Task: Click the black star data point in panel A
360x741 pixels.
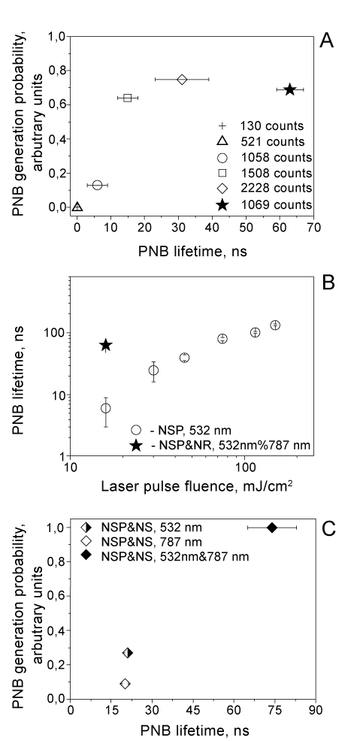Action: (289, 89)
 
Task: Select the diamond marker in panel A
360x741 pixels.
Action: (182, 80)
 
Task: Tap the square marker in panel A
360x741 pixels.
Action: (128, 98)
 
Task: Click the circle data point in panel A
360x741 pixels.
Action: (97, 185)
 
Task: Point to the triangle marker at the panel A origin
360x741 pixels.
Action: (78, 207)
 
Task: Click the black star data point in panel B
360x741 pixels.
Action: (106, 345)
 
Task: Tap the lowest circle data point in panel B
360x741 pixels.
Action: (106, 408)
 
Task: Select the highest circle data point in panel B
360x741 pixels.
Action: (275, 325)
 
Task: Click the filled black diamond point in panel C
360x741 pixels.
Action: (272, 528)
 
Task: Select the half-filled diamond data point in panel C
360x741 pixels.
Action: (128, 652)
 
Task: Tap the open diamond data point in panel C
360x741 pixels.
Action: (125, 683)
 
